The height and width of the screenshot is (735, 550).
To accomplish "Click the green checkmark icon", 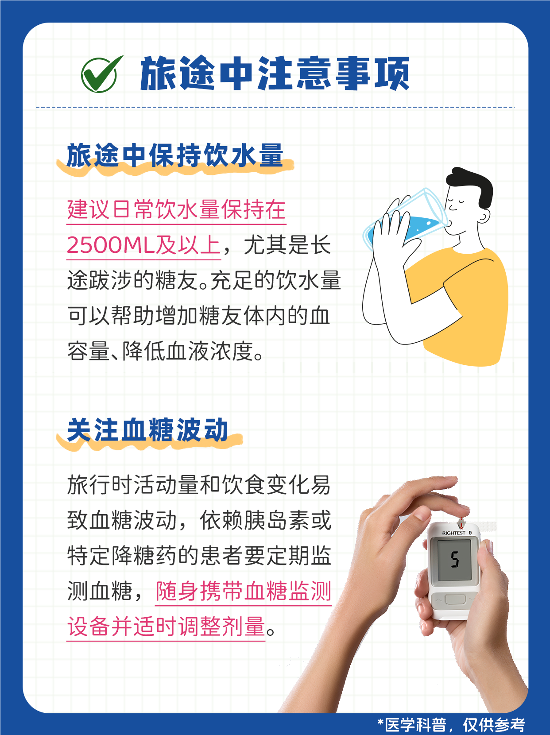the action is pyautogui.click(x=101, y=74).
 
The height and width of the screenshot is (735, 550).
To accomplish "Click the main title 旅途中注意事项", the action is pyautogui.click(x=275, y=73).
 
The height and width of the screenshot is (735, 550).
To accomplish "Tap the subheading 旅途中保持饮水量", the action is pyautogui.click(x=175, y=155).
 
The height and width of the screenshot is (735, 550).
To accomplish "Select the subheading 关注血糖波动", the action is pyautogui.click(x=147, y=430).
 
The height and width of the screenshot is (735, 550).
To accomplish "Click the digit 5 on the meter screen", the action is pyautogui.click(x=455, y=560).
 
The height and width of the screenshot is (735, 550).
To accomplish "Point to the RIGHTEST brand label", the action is pyautogui.click(x=453, y=533).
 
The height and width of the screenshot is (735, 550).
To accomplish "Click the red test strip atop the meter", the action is pyautogui.click(x=461, y=522).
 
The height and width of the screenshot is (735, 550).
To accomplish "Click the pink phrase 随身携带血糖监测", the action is pyautogui.click(x=244, y=592).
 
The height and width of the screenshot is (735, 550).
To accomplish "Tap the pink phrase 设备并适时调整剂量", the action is pyautogui.click(x=166, y=627).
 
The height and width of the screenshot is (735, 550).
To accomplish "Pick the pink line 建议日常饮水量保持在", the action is pyautogui.click(x=176, y=209).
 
